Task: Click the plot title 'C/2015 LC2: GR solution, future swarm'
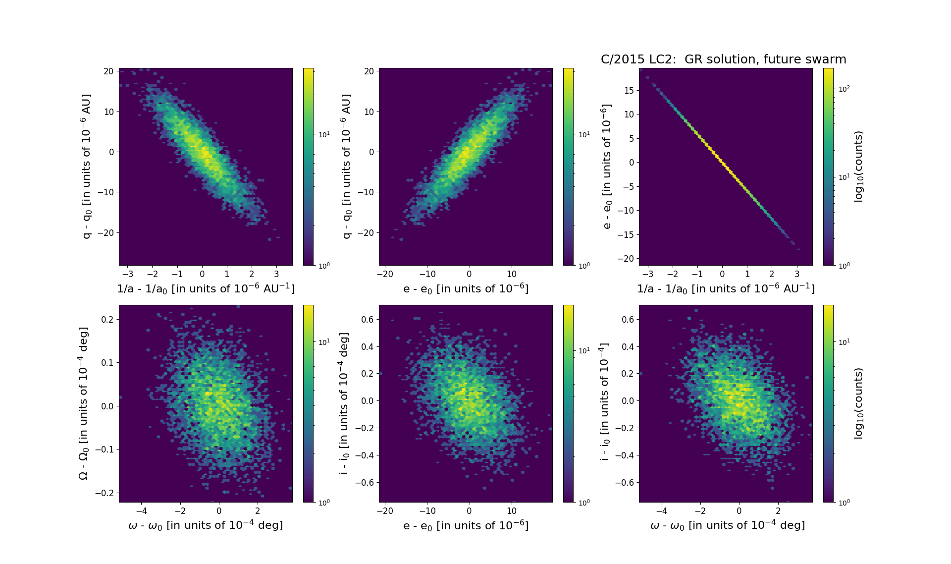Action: [723, 59]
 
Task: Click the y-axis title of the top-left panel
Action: [87, 167]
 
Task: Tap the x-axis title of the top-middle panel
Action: [466, 288]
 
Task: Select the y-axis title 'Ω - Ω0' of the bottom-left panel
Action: [84, 403]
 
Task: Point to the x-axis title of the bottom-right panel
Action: [727, 525]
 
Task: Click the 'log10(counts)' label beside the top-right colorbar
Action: [858, 167]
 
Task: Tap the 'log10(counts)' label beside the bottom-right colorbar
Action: [858, 403]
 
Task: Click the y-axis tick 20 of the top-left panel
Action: [108, 71]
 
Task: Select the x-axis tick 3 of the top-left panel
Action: [276, 274]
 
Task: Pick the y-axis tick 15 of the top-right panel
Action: [629, 90]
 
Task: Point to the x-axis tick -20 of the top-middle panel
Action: [385, 274]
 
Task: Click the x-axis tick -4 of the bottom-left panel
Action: [141, 511]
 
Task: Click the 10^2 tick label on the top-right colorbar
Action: [844, 89]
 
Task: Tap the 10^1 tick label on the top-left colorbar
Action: [324, 134]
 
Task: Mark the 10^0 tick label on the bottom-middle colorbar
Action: [584, 503]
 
